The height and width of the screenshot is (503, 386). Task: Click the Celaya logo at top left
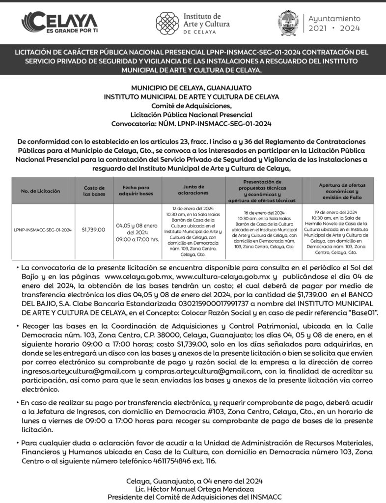pyautogui.click(x=59, y=22)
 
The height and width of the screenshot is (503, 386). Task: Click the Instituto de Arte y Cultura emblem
pyautogui.click(x=167, y=23)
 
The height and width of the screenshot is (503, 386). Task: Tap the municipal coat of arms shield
pyautogui.click(x=288, y=23)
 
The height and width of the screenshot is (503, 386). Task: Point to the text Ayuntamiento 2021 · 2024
pyautogui.click(x=334, y=23)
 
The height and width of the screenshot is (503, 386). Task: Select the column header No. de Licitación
pyautogui.click(x=41, y=191)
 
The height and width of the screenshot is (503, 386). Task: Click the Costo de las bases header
pyautogui.click(x=94, y=191)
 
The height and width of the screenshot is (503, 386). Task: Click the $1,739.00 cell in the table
pyautogui.click(x=93, y=229)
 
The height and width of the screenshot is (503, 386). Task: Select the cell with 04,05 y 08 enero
pyautogui.click(x=137, y=225)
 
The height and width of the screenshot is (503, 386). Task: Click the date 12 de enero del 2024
pyautogui.click(x=193, y=209)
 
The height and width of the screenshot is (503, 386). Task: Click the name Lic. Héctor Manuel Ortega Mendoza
pyautogui.click(x=193, y=489)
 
